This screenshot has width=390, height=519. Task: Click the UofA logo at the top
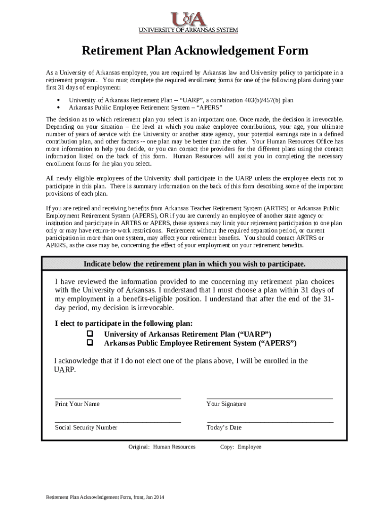click(188, 19)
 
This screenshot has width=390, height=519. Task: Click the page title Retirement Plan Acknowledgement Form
click(195, 51)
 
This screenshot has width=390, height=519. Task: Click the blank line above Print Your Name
click(118, 398)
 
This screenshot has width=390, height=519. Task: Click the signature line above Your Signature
click(269, 398)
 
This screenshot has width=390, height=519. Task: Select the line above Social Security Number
click(118, 421)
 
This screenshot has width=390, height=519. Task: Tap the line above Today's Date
click(269, 421)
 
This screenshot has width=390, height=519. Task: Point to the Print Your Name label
click(77, 404)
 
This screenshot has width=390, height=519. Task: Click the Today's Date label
click(224, 427)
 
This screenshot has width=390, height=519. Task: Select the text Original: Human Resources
click(162, 447)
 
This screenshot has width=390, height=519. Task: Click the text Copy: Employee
click(241, 447)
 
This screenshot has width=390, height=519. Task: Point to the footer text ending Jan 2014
click(105, 497)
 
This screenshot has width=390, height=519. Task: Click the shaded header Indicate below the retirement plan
click(194, 264)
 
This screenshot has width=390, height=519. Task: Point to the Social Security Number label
click(86, 427)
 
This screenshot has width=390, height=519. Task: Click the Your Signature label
click(226, 404)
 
